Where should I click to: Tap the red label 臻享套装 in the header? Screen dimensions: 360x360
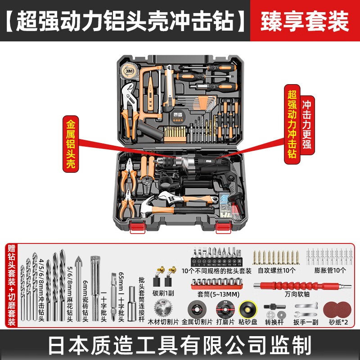(305, 21)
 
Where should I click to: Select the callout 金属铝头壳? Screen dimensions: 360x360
(71, 144)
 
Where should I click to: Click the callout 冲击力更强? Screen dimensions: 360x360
(307, 125)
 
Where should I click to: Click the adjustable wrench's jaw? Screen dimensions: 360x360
(166, 197)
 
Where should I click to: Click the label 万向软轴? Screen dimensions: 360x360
(297, 294)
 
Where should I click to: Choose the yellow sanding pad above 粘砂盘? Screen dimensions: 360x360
(248, 310)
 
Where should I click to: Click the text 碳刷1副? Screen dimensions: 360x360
(163, 293)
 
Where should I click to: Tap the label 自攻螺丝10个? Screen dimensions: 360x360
(276, 270)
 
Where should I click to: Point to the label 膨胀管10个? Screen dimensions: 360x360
(330, 270)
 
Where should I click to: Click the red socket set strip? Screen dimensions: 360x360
(217, 284)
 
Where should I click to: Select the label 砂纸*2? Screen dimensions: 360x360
(338, 322)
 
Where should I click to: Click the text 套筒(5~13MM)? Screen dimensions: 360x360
(218, 294)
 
